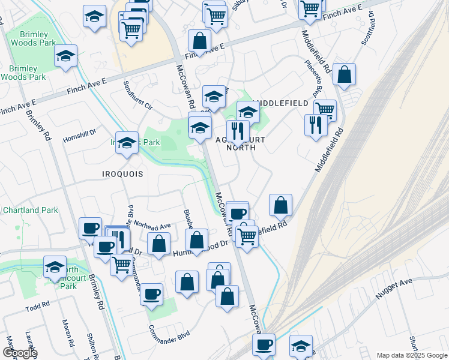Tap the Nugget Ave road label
point(394,288)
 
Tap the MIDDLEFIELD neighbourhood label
point(281,103)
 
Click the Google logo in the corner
point(19,353)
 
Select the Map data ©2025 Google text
point(411,355)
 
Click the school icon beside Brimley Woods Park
point(65,58)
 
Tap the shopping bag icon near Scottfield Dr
point(344,74)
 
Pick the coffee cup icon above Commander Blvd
point(151,295)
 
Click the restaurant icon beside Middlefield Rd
point(315,125)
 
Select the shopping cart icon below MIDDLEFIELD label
point(324,109)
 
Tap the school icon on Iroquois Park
point(127,143)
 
